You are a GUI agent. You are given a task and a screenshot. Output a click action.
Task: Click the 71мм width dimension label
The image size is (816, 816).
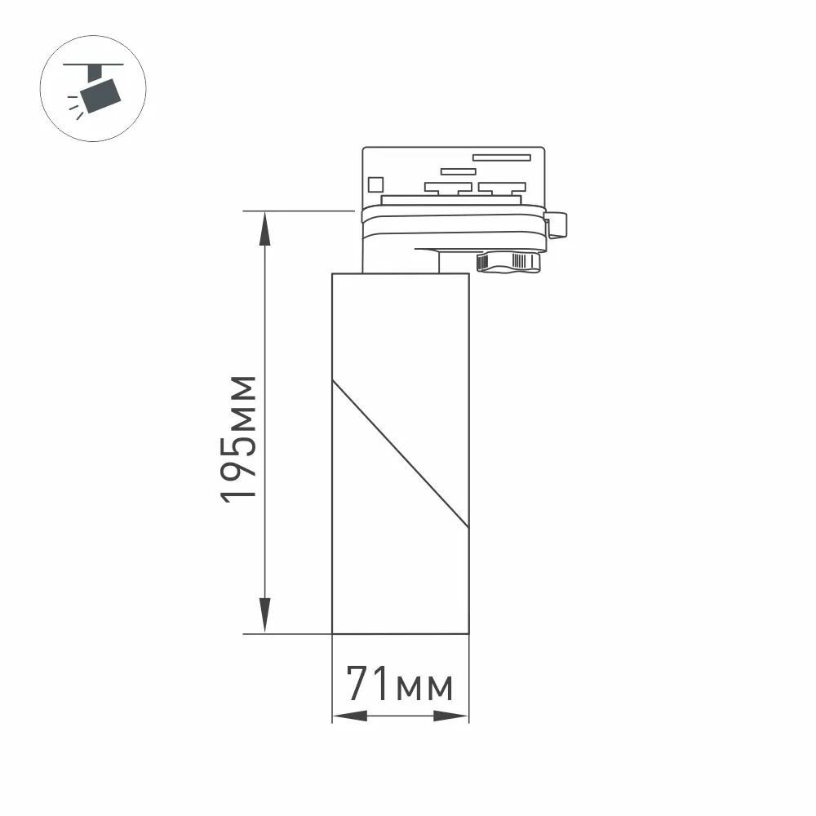(x=399, y=684)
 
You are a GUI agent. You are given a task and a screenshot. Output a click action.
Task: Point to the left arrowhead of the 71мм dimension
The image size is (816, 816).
(x=349, y=716)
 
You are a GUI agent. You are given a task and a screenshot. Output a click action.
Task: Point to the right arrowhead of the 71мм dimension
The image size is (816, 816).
(x=451, y=716)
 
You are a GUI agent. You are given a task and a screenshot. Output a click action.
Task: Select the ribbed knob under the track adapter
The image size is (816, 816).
(x=508, y=261)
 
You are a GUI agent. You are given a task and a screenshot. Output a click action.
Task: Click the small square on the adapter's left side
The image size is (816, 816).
(x=375, y=184)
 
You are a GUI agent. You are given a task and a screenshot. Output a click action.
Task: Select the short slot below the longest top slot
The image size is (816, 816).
(x=458, y=171)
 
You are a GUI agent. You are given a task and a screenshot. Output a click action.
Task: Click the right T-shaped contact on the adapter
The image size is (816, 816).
(x=501, y=188)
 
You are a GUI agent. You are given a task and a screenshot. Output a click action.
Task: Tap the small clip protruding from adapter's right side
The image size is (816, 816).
(x=558, y=224)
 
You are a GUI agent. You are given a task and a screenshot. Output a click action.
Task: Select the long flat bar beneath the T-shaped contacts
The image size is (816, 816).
(x=450, y=200)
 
